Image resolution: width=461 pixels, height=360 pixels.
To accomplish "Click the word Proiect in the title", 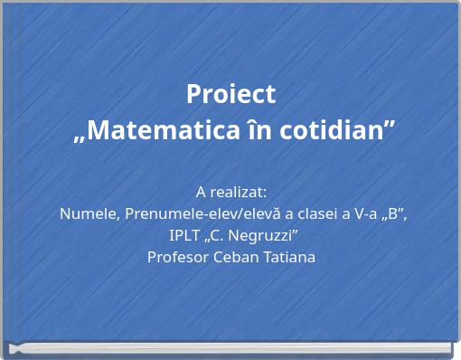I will tap(230, 94).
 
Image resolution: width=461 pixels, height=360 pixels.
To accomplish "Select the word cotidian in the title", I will tap(343, 130).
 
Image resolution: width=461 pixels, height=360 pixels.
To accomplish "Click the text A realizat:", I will tap(230, 192).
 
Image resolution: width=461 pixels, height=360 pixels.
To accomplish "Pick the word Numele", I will tap(89, 214).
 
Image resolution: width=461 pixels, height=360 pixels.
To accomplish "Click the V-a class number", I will tap(365, 214).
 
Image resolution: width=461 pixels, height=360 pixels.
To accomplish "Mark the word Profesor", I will tap(177, 257).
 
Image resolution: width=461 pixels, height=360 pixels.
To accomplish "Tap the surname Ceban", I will tap(235, 257).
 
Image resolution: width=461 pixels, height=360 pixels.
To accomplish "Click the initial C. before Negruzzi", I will tap(225, 236).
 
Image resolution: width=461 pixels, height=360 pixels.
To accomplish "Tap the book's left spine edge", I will tap(4, 181).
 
